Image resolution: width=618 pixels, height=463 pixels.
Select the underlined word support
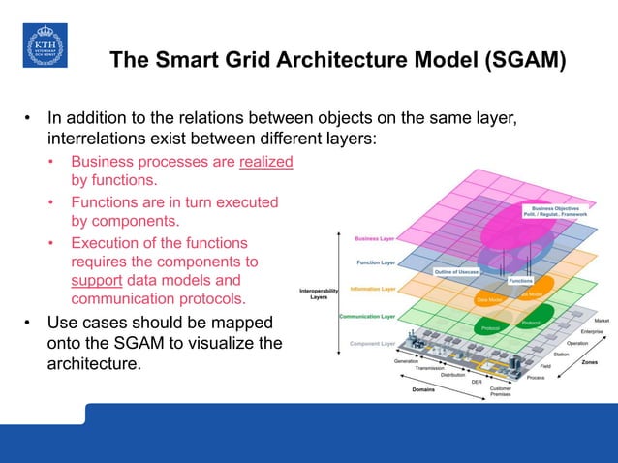(x=95, y=281)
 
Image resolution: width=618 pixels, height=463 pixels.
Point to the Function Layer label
(x=374, y=262)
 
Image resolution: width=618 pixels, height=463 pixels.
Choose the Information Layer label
(x=372, y=288)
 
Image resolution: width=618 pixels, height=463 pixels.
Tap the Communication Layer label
(x=366, y=316)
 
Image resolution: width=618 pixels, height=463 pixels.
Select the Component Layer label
(x=372, y=343)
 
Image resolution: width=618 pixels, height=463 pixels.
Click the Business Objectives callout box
(x=553, y=211)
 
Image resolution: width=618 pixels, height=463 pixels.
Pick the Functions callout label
(x=521, y=280)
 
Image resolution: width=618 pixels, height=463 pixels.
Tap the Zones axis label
(x=589, y=363)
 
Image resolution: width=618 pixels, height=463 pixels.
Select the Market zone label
(x=602, y=320)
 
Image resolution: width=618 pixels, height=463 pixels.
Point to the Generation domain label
(x=407, y=360)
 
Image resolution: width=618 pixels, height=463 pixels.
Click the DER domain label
(x=476, y=382)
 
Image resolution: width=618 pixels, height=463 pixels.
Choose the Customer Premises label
(x=500, y=391)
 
